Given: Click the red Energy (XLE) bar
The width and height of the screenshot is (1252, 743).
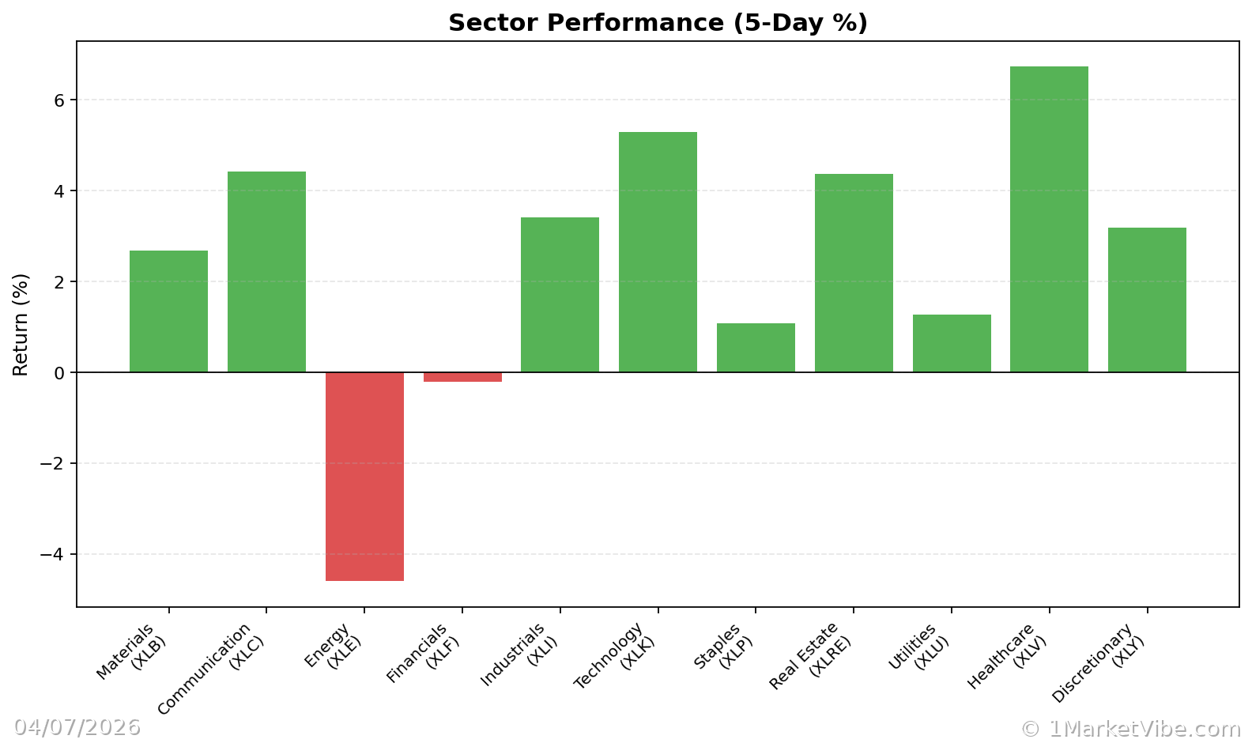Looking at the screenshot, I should pyautogui.click(x=364, y=476).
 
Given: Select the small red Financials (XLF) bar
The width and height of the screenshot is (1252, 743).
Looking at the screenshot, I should pyautogui.click(x=462, y=377).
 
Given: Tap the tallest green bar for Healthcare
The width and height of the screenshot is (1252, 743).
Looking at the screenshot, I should pyautogui.click(x=1049, y=219).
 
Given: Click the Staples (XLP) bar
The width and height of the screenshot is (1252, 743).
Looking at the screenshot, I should pyautogui.click(x=756, y=348).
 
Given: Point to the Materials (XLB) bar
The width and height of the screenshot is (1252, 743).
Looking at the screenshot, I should pyautogui.click(x=168, y=311).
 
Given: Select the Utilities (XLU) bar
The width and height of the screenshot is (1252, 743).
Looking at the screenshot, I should pyautogui.click(x=952, y=344).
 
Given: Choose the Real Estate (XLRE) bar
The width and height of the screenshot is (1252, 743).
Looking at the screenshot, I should pyautogui.click(x=854, y=273).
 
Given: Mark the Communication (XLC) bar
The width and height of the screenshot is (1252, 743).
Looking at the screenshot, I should pyautogui.click(x=266, y=272).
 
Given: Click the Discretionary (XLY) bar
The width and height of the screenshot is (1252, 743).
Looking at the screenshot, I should pyautogui.click(x=1147, y=300).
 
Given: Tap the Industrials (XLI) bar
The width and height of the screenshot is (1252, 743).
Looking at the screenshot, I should pyautogui.click(x=560, y=294).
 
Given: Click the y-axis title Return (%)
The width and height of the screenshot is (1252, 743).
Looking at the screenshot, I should pyautogui.click(x=21, y=325).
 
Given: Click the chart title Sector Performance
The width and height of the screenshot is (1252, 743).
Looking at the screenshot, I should pyautogui.click(x=658, y=23).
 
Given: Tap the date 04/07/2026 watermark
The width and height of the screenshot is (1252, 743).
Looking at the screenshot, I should pyautogui.click(x=77, y=727).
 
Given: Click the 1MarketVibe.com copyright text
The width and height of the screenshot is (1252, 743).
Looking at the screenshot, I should pyautogui.click(x=1130, y=729).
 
